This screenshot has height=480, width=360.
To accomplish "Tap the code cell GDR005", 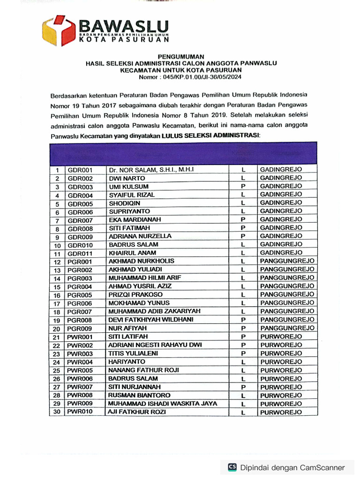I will pyautogui.click(x=81, y=204).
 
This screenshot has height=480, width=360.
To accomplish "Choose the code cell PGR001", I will pyautogui.click(x=80, y=262).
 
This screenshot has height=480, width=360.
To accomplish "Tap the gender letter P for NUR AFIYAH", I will pyautogui.click(x=243, y=328).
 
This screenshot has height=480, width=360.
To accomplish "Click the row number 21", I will pyautogui.click(x=57, y=337).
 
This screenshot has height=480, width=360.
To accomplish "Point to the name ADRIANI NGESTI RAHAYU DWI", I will pyautogui.click(x=155, y=345).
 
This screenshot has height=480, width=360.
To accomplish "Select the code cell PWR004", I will pyautogui.click(x=80, y=362).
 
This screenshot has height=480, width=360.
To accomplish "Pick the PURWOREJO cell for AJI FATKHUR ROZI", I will pyautogui.click(x=281, y=412).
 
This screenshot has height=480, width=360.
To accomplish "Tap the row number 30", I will pyautogui.click(x=57, y=412).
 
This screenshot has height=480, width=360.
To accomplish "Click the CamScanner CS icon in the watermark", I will pyautogui.click(x=232, y=467).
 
